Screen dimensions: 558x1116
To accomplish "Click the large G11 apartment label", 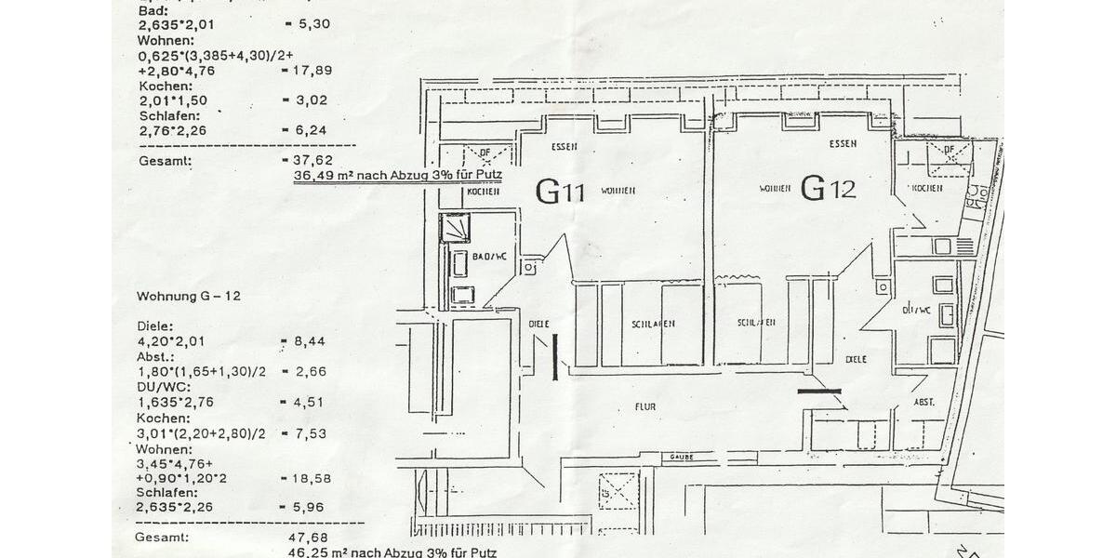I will tap(560, 191).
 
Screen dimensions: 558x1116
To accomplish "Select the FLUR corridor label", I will tap(646, 405).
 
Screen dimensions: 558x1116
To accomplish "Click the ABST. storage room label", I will tap(924, 403).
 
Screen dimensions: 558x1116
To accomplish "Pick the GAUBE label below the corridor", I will tap(683, 458).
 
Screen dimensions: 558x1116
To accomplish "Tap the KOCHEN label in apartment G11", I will tap(483, 192).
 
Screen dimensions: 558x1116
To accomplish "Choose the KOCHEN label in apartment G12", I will tap(926, 188).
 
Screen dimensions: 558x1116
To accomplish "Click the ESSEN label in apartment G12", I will tap(843, 144).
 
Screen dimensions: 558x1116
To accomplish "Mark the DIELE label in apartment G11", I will tap(538, 324).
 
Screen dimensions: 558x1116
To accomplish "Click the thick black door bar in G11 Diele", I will tap(555, 356).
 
